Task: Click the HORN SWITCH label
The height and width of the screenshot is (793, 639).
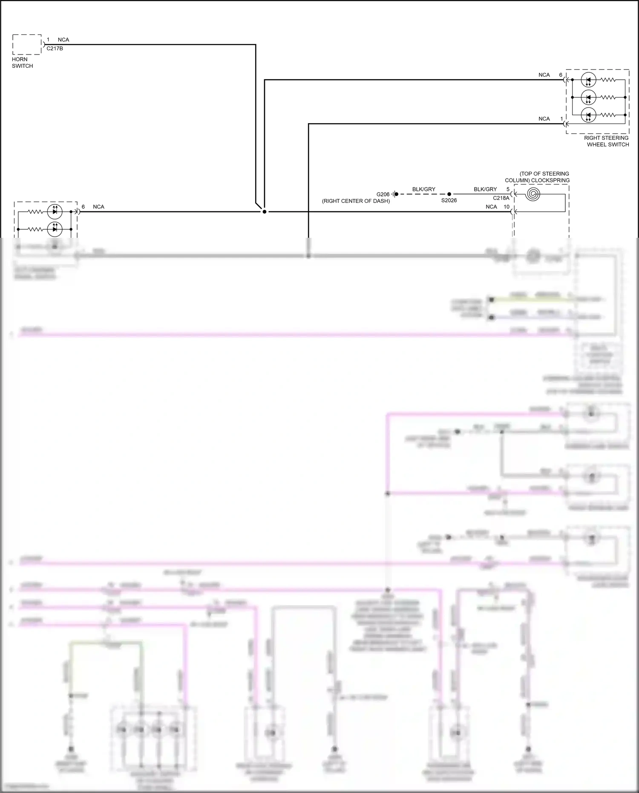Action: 22,63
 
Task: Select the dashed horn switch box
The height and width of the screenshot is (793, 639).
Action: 27,44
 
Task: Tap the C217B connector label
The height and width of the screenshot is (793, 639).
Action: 55,49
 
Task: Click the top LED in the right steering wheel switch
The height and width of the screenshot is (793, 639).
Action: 588,80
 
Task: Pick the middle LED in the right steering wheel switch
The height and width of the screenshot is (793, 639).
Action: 588,98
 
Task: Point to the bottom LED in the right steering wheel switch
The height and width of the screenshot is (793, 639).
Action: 588,115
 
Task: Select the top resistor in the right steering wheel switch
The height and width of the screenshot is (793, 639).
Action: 608,80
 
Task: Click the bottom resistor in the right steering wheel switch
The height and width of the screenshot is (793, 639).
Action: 608,115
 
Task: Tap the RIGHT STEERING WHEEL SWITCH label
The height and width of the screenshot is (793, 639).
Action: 606,141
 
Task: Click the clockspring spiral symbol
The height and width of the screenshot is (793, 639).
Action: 533,194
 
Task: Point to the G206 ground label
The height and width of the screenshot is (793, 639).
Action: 383,194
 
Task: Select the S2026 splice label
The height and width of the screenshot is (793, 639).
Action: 449,200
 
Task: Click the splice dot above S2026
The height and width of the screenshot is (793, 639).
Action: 449,194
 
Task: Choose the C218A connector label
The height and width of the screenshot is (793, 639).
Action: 501,198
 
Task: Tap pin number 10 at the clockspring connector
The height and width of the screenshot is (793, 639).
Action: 507,207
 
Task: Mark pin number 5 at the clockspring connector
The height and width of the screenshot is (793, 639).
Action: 508,189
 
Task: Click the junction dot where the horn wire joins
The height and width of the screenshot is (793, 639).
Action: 264,211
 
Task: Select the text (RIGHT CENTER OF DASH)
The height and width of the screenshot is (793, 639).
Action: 356,201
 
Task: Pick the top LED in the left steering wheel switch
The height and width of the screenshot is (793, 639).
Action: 55,211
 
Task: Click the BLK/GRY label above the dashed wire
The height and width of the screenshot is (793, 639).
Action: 423,189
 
